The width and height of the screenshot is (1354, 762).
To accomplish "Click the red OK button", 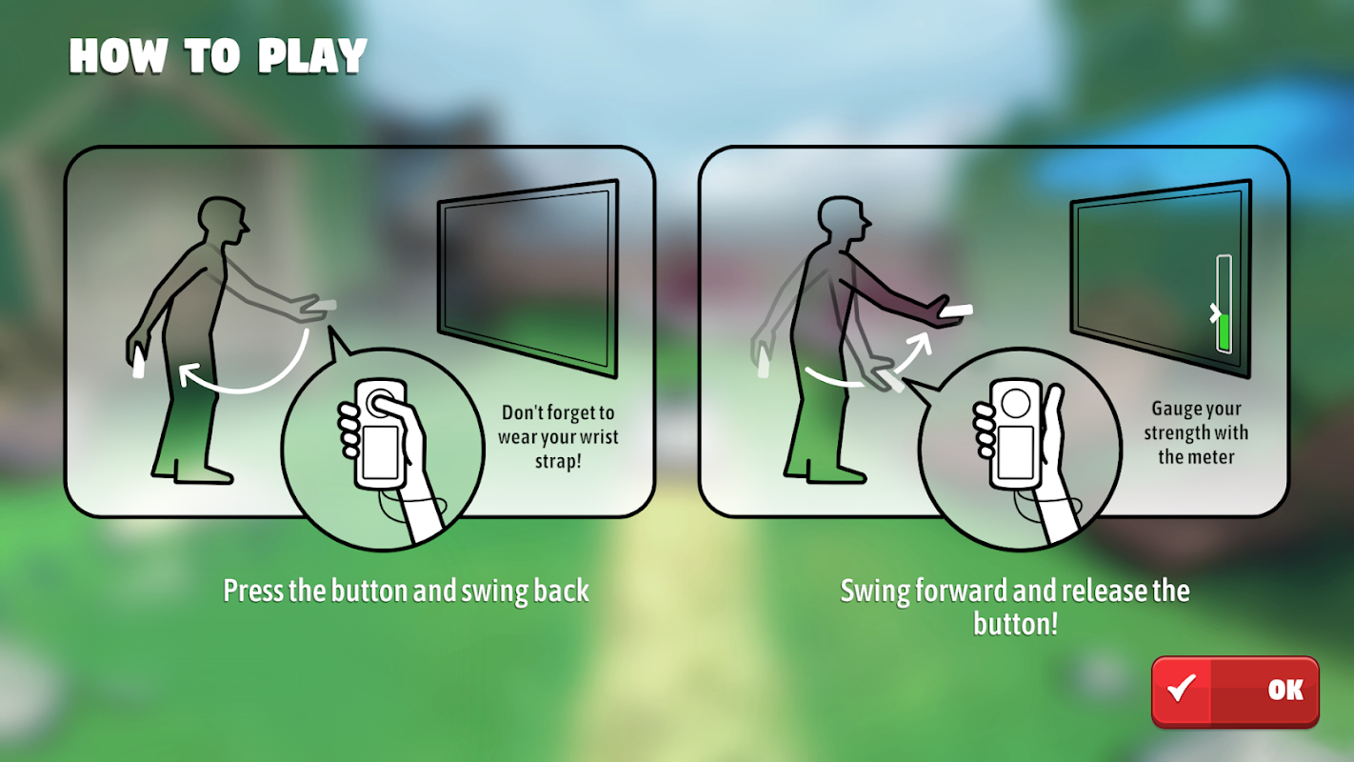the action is tap(1235, 692).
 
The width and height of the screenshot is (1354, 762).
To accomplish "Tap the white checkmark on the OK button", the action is tap(1181, 688).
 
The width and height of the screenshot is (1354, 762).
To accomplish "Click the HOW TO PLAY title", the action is tap(218, 55).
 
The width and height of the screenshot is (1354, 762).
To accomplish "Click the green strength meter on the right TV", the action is tap(1225, 332).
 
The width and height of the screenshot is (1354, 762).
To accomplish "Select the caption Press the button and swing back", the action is tap(407, 591).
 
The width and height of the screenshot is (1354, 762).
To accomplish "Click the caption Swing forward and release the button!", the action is tap(1015, 607).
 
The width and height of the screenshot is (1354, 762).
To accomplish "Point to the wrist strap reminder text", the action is tap(558, 436).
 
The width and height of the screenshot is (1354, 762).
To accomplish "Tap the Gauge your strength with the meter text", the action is tap(1196, 432).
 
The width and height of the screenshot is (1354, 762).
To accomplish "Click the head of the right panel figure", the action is tap(844, 219).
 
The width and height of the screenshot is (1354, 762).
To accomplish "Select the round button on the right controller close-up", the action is tap(1015, 403).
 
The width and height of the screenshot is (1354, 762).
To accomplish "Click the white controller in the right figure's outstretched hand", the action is tap(956, 311).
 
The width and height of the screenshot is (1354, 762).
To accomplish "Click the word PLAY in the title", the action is tap(312, 56).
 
